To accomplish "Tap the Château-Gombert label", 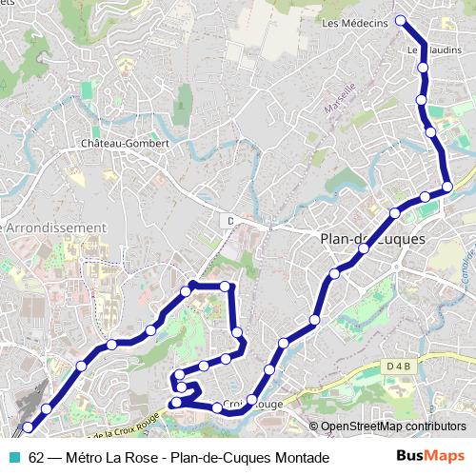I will pos(125,143).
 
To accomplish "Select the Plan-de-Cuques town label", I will pos(372,238).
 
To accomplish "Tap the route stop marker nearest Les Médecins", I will pos(401,20).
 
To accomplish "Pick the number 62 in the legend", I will pos(36,458).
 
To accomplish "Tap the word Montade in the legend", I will pos(302,458).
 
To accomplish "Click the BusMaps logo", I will pos(432,457).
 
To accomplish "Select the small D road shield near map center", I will pos(229,221).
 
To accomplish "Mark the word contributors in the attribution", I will pos(437,426).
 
